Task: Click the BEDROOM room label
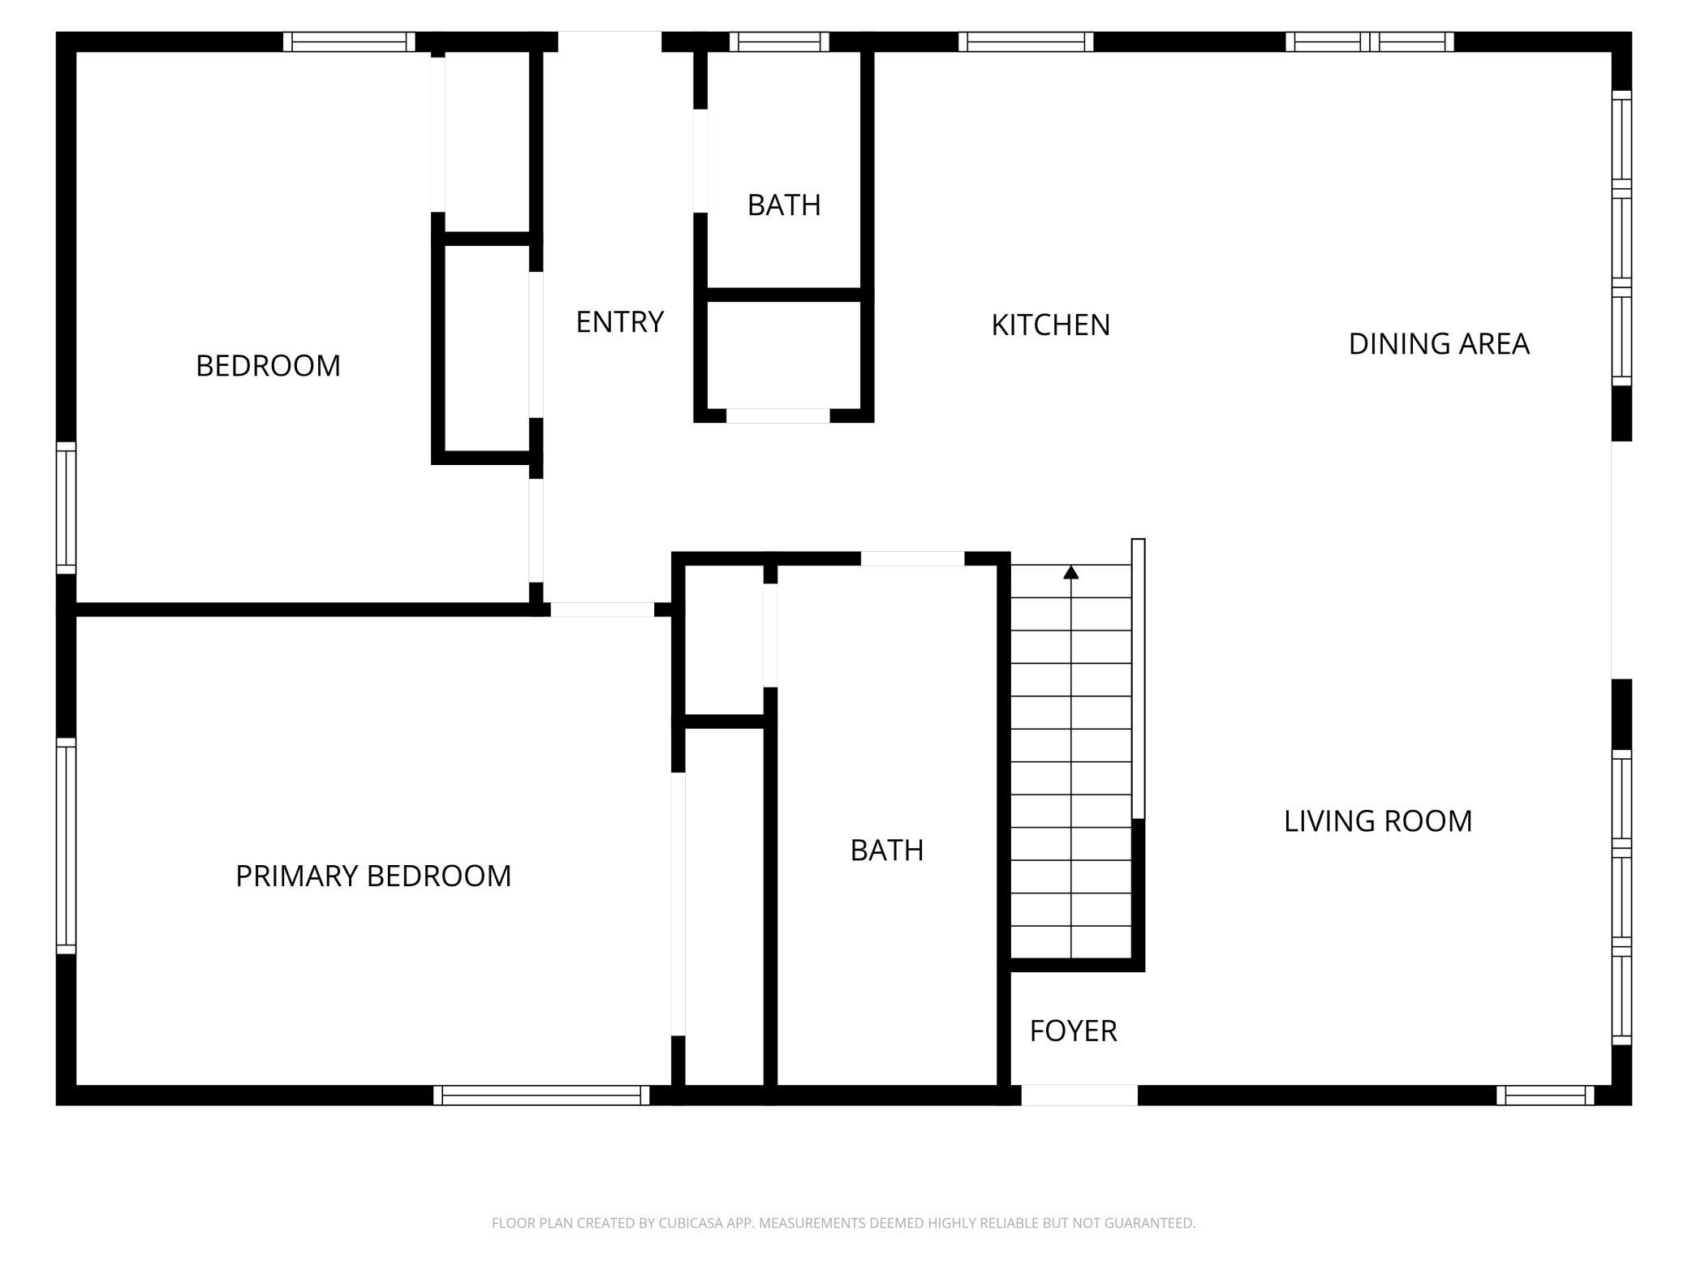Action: [x=268, y=366]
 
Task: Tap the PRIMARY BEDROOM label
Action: [x=373, y=876]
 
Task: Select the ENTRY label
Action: [x=620, y=322]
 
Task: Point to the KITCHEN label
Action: [x=1050, y=325]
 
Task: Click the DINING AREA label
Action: [x=1439, y=344]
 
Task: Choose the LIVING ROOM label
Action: [x=1378, y=821]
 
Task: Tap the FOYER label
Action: [x=1073, y=1031]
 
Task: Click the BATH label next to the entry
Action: [x=784, y=205]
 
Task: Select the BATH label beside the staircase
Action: [x=887, y=850]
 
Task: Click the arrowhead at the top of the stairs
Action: [x=1071, y=572]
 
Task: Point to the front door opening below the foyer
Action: [x=1079, y=1095]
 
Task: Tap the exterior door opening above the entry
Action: [x=609, y=41]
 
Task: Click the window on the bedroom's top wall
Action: [x=349, y=41]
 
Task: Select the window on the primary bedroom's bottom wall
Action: [x=541, y=1095]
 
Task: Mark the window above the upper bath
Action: [x=779, y=41]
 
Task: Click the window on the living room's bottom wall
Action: [x=1545, y=1095]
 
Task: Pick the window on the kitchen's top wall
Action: [x=1026, y=41]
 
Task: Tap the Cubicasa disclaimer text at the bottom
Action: [x=844, y=1222]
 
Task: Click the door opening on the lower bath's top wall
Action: [x=912, y=558]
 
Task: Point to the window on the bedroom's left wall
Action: [x=66, y=508]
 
